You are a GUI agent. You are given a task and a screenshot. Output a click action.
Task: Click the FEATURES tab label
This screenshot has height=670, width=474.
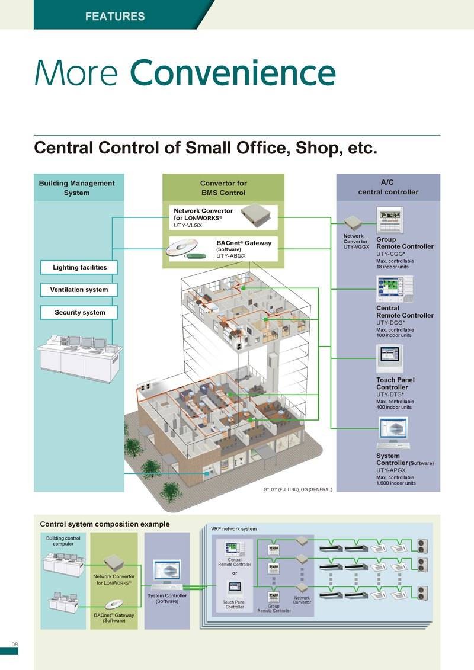pyautogui.click(x=114, y=16)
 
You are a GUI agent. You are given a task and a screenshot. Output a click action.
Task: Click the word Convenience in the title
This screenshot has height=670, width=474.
pyautogui.click(x=233, y=73)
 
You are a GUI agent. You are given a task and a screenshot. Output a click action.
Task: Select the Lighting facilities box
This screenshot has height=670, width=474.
pyautogui.click(x=79, y=267)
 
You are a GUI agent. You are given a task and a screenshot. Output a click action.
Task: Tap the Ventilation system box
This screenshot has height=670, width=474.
pyautogui.click(x=79, y=290)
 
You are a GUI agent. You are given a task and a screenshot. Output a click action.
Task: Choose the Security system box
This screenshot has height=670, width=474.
pyautogui.click(x=79, y=312)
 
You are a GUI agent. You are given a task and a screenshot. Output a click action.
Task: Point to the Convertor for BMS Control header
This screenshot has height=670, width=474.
pyautogui.click(x=223, y=188)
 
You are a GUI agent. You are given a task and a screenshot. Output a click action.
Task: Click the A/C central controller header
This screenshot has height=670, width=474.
pyautogui.click(x=388, y=188)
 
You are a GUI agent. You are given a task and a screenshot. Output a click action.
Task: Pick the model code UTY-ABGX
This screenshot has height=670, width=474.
pyautogui.click(x=231, y=256)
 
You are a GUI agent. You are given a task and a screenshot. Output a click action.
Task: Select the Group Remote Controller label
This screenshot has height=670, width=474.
pyautogui.click(x=405, y=243)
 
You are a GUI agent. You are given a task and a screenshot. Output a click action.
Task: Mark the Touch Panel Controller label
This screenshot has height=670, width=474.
pyautogui.click(x=395, y=383)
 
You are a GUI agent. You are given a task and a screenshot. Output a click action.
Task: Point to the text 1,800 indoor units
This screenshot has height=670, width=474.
pyautogui.click(x=396, y=483)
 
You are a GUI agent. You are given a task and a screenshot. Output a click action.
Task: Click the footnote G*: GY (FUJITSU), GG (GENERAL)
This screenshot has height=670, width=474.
pyautogui.click(x=298, y=489)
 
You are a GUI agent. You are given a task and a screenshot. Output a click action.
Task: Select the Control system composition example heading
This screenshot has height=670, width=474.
pyautogui.click(x=104, y=524)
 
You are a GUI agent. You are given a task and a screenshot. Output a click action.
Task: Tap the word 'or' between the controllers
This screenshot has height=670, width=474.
pyautogui.click(x=235, y=573)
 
